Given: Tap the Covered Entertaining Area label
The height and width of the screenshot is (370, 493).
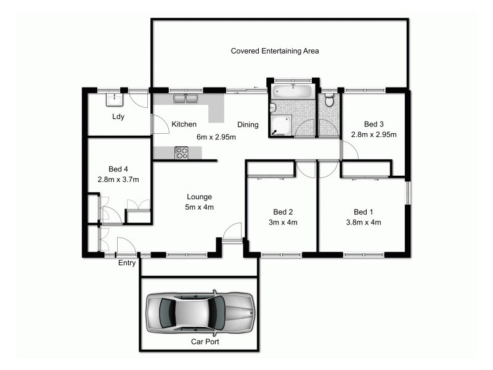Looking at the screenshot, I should pos(274,51).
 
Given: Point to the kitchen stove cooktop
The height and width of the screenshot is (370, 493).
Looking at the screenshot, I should pos(181,152).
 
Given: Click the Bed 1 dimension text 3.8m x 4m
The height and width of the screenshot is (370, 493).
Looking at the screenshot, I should pos(362,223).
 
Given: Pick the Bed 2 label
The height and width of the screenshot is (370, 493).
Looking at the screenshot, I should pos(281,211).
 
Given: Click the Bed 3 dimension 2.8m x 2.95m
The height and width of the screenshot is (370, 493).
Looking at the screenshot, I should pos(374,134).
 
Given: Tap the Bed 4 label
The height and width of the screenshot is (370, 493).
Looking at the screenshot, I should pos(118,169).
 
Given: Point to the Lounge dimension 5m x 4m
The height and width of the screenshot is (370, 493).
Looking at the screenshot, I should pos(200,207).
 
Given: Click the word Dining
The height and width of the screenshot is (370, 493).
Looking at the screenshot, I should pos(248,125).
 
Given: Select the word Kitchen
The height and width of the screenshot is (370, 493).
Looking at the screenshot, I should pos(184,125).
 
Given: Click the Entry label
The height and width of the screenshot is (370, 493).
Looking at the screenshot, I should pos(127,263).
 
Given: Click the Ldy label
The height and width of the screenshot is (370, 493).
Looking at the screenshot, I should pos(118,117).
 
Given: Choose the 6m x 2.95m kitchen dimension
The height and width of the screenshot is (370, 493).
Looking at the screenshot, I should pos(216,137).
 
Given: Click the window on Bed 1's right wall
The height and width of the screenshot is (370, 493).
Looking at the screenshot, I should pos(407,192).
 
